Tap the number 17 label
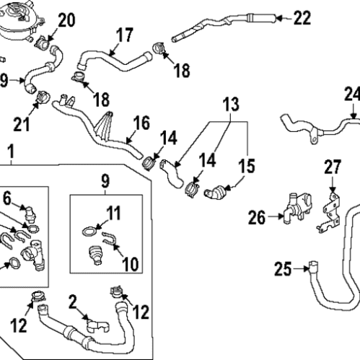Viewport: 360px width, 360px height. [124, 34]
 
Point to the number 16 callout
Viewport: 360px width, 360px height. [141, 122]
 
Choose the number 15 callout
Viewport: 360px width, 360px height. [247, 167]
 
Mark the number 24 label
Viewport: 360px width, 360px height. [351, 94]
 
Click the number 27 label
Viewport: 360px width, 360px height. [331, 168]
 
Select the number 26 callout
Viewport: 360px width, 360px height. [258, 215]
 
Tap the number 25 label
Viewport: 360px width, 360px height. [283, 269]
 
